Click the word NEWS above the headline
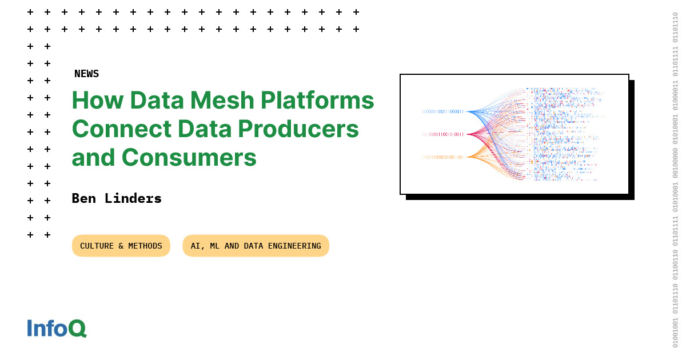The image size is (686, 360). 86,74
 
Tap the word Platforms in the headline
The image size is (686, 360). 317,101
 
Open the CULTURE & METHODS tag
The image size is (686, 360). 121,246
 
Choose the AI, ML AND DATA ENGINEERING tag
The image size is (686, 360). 256,246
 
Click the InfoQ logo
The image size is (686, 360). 57,328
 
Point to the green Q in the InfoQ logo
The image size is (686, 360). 77,329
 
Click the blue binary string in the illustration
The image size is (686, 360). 442,111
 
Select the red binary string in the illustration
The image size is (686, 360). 442,134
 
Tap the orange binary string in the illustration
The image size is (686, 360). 442,157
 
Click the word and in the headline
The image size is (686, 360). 93,157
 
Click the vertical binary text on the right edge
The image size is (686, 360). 675,180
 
